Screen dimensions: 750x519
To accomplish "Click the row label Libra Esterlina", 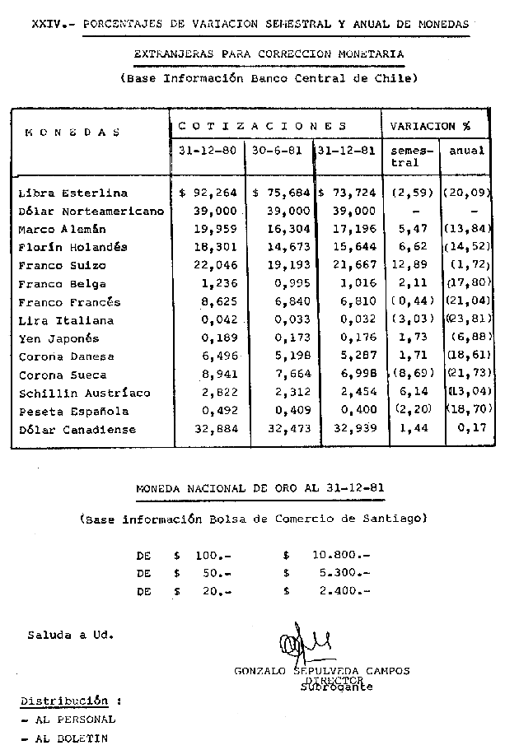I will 72,193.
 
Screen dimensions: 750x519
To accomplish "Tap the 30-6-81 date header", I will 276,151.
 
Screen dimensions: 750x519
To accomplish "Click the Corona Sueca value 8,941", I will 218,375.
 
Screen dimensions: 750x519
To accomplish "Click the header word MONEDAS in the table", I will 72,132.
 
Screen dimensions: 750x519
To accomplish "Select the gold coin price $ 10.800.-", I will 326,555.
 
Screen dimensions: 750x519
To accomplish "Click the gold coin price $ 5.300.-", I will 326,573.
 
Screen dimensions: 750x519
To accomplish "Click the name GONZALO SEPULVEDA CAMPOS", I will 321,671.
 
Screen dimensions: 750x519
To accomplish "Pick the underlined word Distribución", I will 63,701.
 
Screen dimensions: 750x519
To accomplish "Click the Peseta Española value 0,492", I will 218,411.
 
